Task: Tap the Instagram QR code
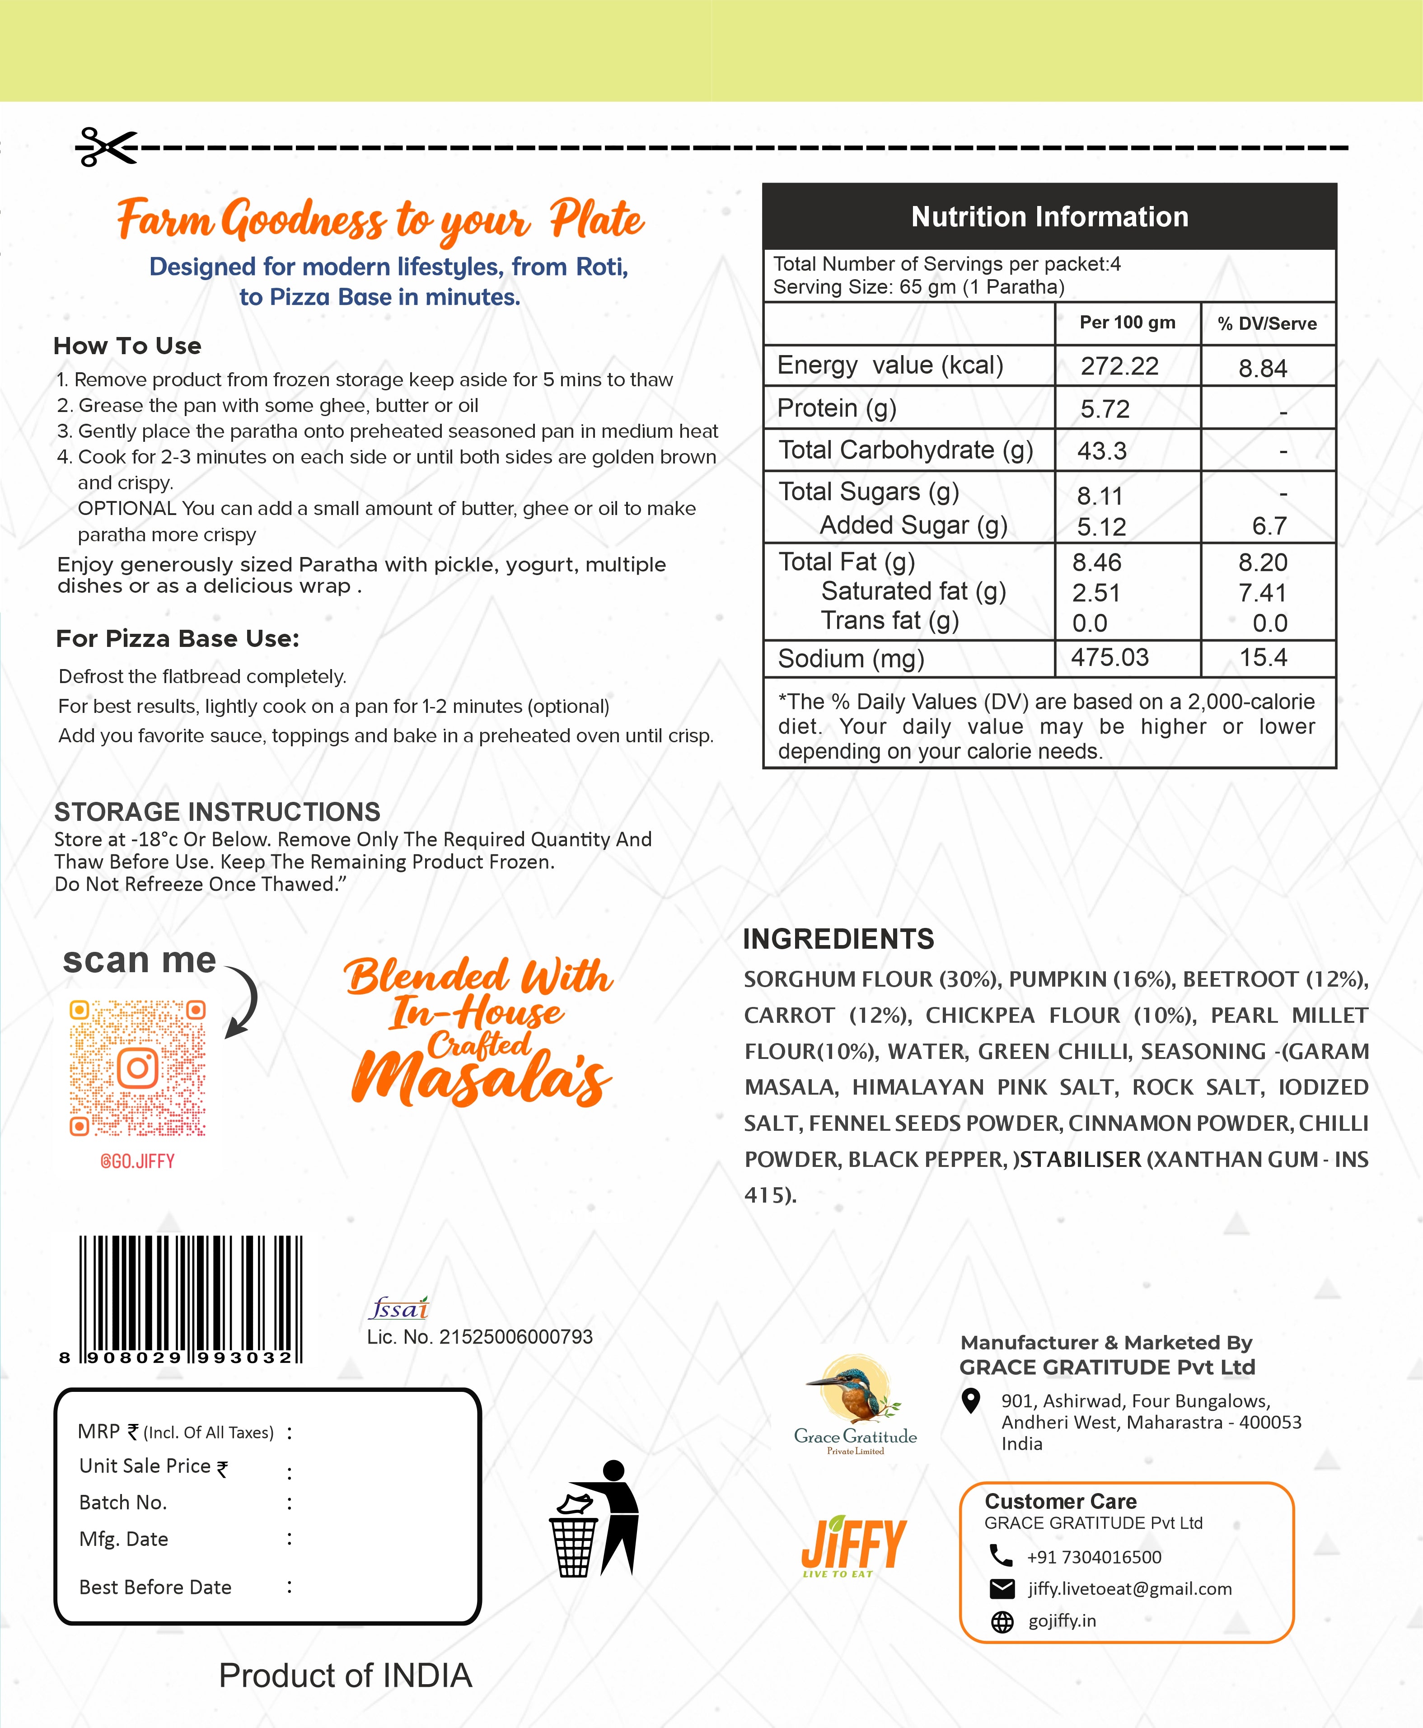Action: [138, 1067]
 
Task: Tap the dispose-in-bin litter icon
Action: [595, 1517]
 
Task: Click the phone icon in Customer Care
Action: [1001, 1555]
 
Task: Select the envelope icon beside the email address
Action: [1002, 1589]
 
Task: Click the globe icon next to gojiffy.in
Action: [1002, 1621]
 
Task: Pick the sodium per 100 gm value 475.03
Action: [1110, 657]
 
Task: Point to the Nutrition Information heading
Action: [1049, 216]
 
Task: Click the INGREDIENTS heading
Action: [838, 939]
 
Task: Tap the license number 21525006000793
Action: [515, 1337]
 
